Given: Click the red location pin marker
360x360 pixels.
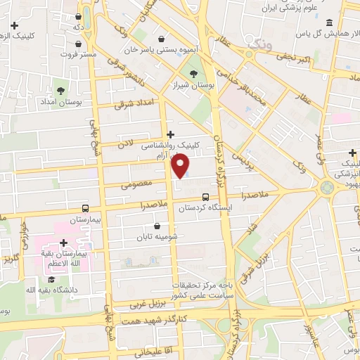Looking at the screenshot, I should [x=181, y=165].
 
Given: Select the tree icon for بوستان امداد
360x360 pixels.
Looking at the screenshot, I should [x=60, y=91].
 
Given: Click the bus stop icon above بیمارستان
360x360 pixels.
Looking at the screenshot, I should [x=85, y=208].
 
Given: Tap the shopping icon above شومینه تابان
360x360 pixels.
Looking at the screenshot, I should [x=156, y=226].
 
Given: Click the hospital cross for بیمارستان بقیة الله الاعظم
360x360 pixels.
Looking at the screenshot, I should [x=63, y=243].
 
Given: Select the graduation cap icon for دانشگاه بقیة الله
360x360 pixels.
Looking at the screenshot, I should [x=51, y=280].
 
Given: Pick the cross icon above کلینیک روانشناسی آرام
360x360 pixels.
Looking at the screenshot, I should [x=170, y=134].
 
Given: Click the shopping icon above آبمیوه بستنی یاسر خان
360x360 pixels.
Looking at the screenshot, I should [x=163, y=39].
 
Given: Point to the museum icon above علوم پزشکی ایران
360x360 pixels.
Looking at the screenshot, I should [x=330, y=23].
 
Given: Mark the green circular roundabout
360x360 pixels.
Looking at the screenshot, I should [x=326, y=188].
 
